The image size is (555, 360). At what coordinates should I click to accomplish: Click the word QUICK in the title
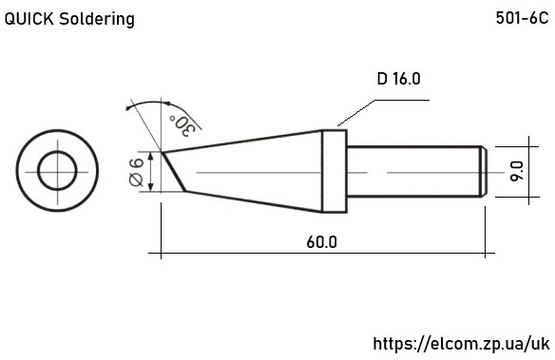point(29,19)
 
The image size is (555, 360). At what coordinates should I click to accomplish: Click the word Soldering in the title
point(97,19)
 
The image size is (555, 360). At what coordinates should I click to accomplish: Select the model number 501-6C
point(522,18)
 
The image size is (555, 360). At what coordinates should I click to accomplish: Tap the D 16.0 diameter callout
point(398,79)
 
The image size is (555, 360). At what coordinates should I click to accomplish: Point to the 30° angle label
point(182,125)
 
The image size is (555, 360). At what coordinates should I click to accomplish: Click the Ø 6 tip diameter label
point(136,172)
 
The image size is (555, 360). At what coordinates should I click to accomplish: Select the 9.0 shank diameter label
point(517,171)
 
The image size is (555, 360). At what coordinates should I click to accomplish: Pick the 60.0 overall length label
point(322,242)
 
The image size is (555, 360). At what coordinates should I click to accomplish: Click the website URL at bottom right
point(462,344)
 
